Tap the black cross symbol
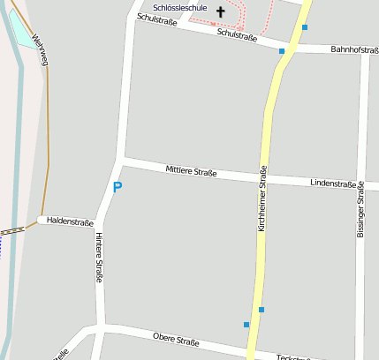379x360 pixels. tap(221, 12)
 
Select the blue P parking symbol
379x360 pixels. tap(117, 187)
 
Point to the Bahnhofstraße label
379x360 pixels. tap(354, 50)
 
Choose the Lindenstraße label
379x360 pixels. tap(333, 184)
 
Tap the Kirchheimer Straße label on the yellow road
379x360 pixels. tap(262, 199)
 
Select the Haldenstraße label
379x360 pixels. tap(70, 221)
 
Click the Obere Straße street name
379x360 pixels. tap(176, 340)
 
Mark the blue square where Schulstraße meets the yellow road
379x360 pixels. tap(282, 51)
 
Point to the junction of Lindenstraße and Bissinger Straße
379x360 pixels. tap(362, 187)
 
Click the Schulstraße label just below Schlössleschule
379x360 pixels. tap(156, 20)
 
